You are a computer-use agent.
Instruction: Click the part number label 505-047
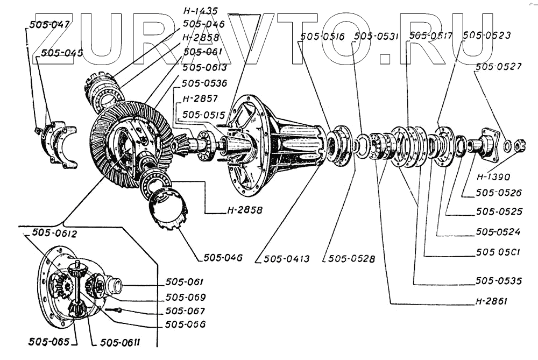coord(47,25)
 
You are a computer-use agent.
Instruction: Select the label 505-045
coord(58,53)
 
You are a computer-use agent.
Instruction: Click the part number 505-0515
coord(204,115)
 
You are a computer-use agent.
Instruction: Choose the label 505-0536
coord(204,84)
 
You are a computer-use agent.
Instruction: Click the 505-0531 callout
coord(377,37)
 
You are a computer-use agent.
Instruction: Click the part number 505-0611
coord(120,342)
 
